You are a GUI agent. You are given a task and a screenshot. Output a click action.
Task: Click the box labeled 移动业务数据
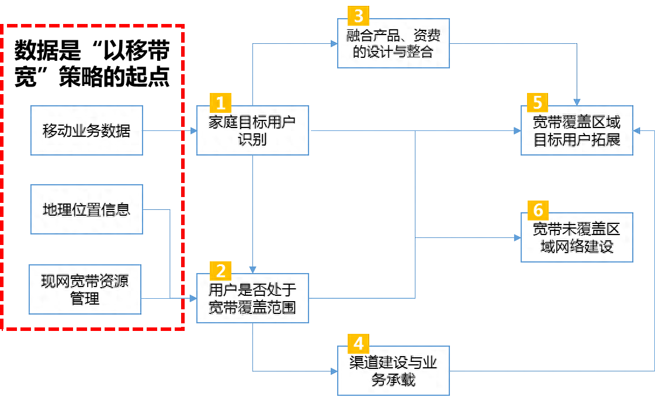(x=86, y=130)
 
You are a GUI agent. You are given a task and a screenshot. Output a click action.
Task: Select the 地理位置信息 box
(x=86, y=209)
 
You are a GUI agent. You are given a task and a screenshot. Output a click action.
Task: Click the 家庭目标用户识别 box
(x=252, y=131)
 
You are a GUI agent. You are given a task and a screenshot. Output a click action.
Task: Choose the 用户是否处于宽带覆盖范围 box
(x=252, y=299)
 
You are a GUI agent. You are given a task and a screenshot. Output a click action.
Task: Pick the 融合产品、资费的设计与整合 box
(x=393, y=43)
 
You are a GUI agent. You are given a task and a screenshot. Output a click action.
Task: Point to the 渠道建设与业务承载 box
(x=393, y=371)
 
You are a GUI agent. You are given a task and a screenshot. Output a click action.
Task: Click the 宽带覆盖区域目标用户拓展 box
(x=577, y=131)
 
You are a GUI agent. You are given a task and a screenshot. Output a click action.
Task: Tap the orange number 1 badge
(x=220, y=103)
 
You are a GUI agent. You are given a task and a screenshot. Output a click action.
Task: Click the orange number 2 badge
(x=220, y=270)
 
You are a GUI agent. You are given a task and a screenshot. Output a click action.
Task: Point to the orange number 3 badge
(x=358, y=15)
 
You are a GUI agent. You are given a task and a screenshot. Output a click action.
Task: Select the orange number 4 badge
(x=358, y=343)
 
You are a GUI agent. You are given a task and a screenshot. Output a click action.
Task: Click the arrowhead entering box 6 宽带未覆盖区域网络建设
(x=517, y=238)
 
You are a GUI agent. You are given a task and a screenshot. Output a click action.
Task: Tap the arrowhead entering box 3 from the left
(x=334, y=43)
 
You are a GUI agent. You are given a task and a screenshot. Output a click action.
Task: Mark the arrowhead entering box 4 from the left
(x=334, y=371)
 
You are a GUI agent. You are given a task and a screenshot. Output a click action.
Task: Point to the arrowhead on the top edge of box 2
(x=252, y=270)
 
